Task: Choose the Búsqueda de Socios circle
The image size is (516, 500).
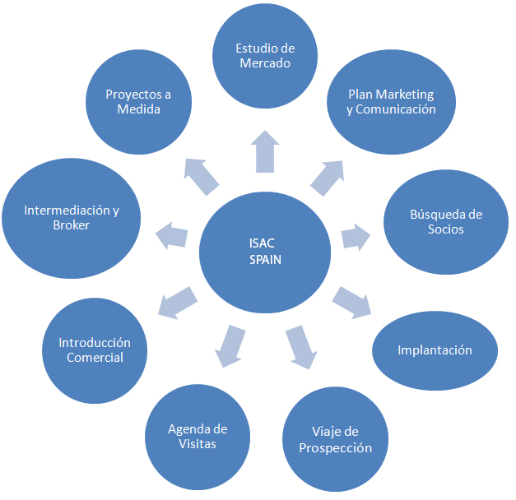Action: click(445, 220)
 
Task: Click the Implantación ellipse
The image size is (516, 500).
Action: click(435, 350)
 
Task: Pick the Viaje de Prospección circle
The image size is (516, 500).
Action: click(335, 439)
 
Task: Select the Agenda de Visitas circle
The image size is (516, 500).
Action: click(198, 435)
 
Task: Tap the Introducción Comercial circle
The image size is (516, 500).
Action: click(95, 349)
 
